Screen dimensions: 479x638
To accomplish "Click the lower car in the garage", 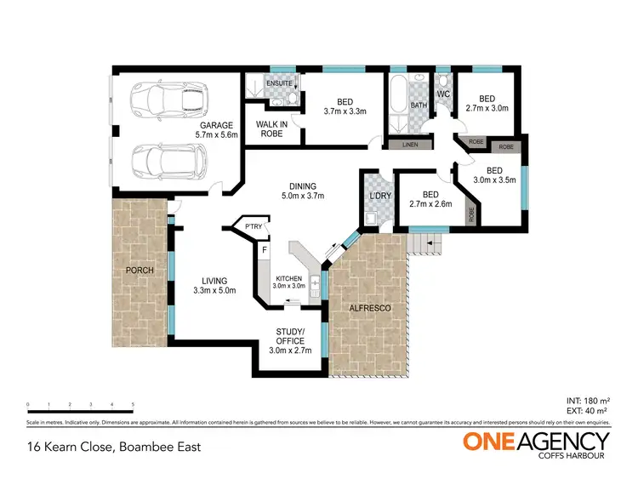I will (167, 158).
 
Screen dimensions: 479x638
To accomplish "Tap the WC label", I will (443, 94).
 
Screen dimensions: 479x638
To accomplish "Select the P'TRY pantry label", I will (253, 227).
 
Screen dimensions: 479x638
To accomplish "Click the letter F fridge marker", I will (265, 250).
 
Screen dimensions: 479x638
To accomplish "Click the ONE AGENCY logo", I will (536, 443).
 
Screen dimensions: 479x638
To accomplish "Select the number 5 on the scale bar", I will (133, 404).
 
